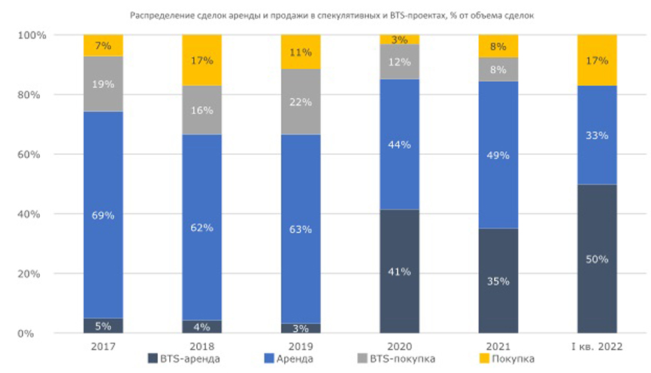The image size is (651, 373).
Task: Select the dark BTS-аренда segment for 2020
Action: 399,271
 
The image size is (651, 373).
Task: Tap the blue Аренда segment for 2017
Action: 103,215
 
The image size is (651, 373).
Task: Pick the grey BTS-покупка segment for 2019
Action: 301,102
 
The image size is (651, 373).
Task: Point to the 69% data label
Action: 103,215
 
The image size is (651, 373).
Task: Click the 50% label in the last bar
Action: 597,259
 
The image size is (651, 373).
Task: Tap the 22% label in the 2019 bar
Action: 301,102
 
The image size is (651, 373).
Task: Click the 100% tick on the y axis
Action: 33,35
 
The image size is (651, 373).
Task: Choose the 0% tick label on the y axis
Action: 38,333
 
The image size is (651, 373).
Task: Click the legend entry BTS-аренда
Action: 184,359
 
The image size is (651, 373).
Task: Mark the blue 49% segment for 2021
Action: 498,155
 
